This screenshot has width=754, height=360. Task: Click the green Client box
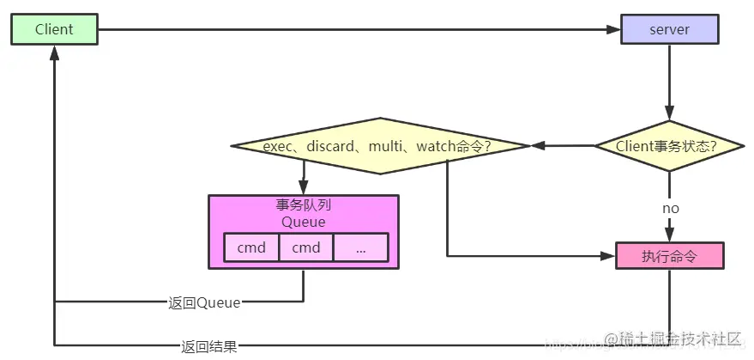point(54,29)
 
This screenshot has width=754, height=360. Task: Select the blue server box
point(669,29)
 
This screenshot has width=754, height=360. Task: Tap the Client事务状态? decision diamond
point(669,146)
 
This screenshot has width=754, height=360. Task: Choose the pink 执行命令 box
point(669,256)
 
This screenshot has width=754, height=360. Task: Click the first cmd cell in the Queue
point(251,247)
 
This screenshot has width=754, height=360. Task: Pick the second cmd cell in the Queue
point(305,247)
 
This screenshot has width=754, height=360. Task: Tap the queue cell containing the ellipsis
point(360,247)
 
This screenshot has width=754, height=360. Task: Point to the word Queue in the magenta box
point(304,222)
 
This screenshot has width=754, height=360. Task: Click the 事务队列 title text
point(304,206)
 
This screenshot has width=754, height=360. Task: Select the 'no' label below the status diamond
point(670,209)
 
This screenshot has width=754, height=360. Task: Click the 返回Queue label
point(204,302)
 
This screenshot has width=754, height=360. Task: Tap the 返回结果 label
point(208,347)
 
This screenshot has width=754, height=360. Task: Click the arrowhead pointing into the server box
point(612,30)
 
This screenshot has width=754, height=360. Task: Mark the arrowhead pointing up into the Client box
point(55,52)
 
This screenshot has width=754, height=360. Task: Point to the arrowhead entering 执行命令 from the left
point(608,256)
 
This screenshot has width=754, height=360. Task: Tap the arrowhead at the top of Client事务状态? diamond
point(670,113)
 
